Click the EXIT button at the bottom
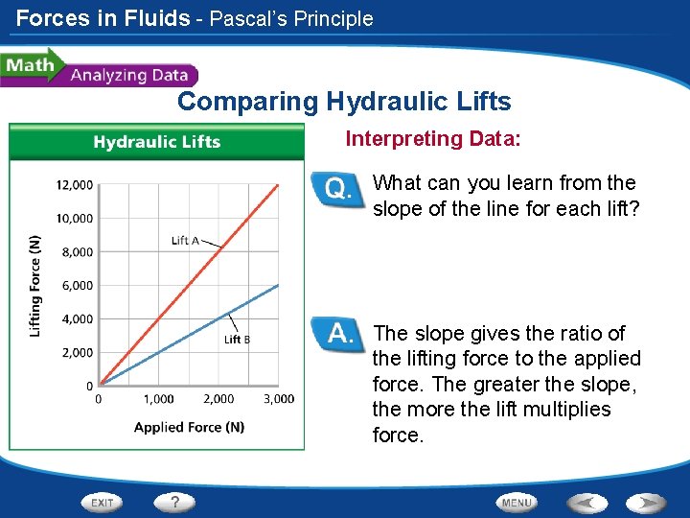pyautogui.click(x=103, y=502)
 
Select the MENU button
pyautogui.click(x=517, y=502)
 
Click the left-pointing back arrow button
pyautogui.click(x=586, y=502)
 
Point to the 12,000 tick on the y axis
pyautogui.click(x=74, y=184)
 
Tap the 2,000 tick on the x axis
pyautogui.click(x=218, y=399)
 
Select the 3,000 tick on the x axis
pyautogui.click(x=279, y=399)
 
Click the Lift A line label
pyautogui.click(x=185, y=241)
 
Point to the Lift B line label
pyautogui.click(x=238, y=339)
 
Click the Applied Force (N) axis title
pyautogui.click(x=189, y=427)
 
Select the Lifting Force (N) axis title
pyautogui.click(x=35, y=285)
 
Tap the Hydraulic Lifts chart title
pyautogui.click(x=156, y=142)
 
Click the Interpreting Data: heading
pyautogui.click(x=433, y=139)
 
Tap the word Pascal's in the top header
pyautogui.click(x=251, y=18)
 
